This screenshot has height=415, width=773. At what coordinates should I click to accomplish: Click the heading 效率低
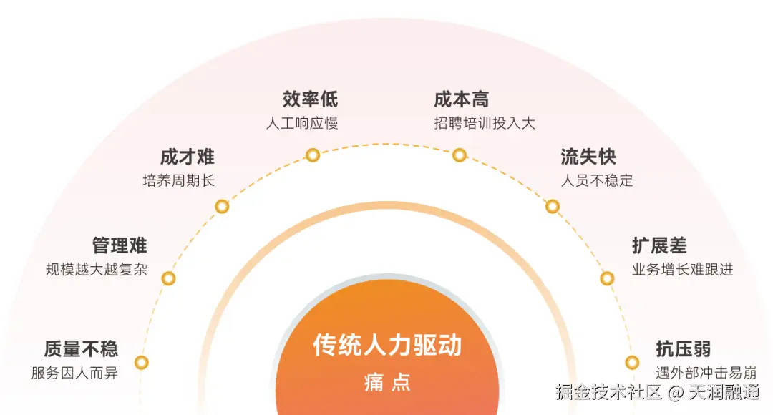310,99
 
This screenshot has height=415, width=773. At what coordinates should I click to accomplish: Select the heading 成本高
462,99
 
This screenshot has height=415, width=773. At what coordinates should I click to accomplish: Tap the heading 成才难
188,157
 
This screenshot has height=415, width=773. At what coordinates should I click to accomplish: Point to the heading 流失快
588,157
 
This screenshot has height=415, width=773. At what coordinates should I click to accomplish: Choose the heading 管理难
120,245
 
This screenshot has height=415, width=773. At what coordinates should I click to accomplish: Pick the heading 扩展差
659,245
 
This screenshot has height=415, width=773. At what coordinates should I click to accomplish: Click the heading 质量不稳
81,348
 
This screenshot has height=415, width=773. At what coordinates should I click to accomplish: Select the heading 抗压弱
684,348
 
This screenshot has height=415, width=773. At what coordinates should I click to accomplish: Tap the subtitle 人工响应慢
302,123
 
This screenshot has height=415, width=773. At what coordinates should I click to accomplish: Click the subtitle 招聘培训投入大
485,123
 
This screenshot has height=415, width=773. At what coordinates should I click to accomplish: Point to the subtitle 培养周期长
179,181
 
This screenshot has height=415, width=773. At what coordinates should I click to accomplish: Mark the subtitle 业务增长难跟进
683,270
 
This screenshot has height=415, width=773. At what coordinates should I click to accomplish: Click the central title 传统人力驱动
387,346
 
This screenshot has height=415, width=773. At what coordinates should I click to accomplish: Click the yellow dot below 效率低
313,155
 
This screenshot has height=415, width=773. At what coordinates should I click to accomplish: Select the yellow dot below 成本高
460,155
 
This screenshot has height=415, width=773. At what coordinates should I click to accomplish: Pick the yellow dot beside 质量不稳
142,363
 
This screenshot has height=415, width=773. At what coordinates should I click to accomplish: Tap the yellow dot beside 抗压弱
632,363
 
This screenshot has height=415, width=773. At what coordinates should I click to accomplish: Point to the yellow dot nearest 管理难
169,278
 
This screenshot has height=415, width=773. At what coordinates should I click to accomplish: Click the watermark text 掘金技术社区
610,391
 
